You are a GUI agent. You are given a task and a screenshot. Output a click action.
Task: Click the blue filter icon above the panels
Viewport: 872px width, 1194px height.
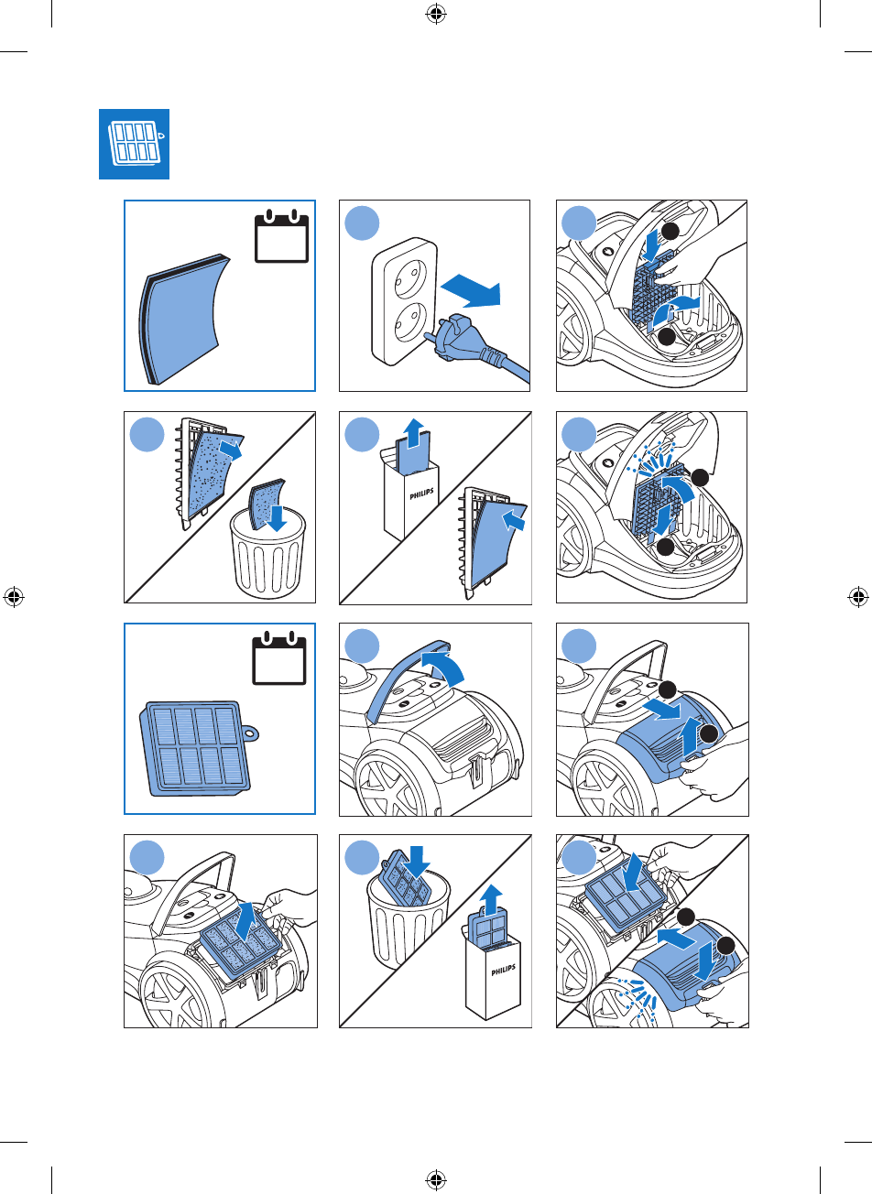(x=135, y=146)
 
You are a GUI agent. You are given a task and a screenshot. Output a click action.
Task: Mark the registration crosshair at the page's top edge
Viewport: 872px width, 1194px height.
(x=435, y=14)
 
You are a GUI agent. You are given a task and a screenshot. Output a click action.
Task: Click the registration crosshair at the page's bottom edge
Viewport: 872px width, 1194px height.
(x=435, y=1180)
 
